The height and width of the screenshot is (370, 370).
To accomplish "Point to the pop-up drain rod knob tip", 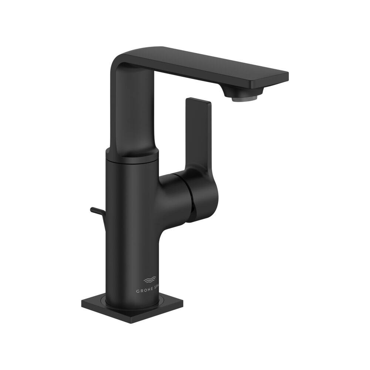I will (92, 210).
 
